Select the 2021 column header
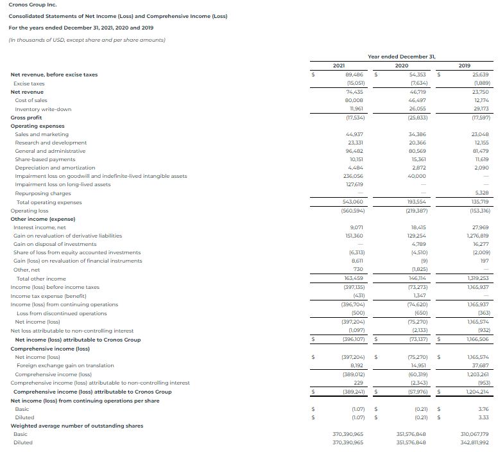pyautogui.click(x=340, y=65)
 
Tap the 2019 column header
pyautogui.click(x=465, y=65)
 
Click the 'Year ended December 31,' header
pyautogui.click(x=402, y=56)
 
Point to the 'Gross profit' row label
pyautogui.click(x=26, y=117)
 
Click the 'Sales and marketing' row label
pyautogui.click(x=42, y=134)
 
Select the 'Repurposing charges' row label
pyautogui.click(x=43, y=193)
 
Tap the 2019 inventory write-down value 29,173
pyautogui.click(x=480, y=109)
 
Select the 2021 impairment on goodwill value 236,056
pyautogui.click(x=354, y=176)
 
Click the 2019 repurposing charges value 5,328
pyautogui.click(x=481, y=193)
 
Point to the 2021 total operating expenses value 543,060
pyautogui.click(x=354, y=202)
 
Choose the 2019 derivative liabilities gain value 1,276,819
pyautogui.click(x=476, y=236)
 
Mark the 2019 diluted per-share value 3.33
pyautogui.click(x=484, y=417)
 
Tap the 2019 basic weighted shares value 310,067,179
pyautogui.click(x=474, y=434)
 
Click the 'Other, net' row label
pyautogui.click(x=27, y=270)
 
